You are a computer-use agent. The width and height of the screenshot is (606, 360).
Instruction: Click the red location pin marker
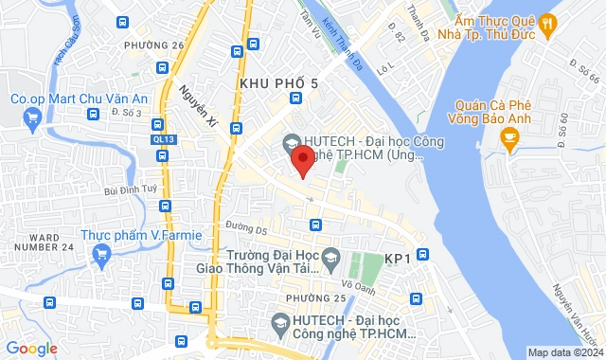pos(301,158)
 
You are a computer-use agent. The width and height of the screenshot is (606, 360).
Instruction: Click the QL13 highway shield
pos(163,139)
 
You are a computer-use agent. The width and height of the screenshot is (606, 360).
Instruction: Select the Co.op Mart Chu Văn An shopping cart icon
pos(32,118)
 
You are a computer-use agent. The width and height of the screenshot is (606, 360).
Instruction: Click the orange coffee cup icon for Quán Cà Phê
pos(510,142)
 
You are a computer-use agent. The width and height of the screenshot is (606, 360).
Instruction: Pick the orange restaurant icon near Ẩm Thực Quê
pos(547,31)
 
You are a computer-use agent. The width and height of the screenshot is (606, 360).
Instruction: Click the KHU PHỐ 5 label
pos(278,84)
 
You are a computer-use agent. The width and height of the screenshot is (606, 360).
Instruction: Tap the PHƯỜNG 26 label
pos(153,45)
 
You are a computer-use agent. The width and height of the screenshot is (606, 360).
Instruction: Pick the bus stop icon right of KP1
pos(423,254)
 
